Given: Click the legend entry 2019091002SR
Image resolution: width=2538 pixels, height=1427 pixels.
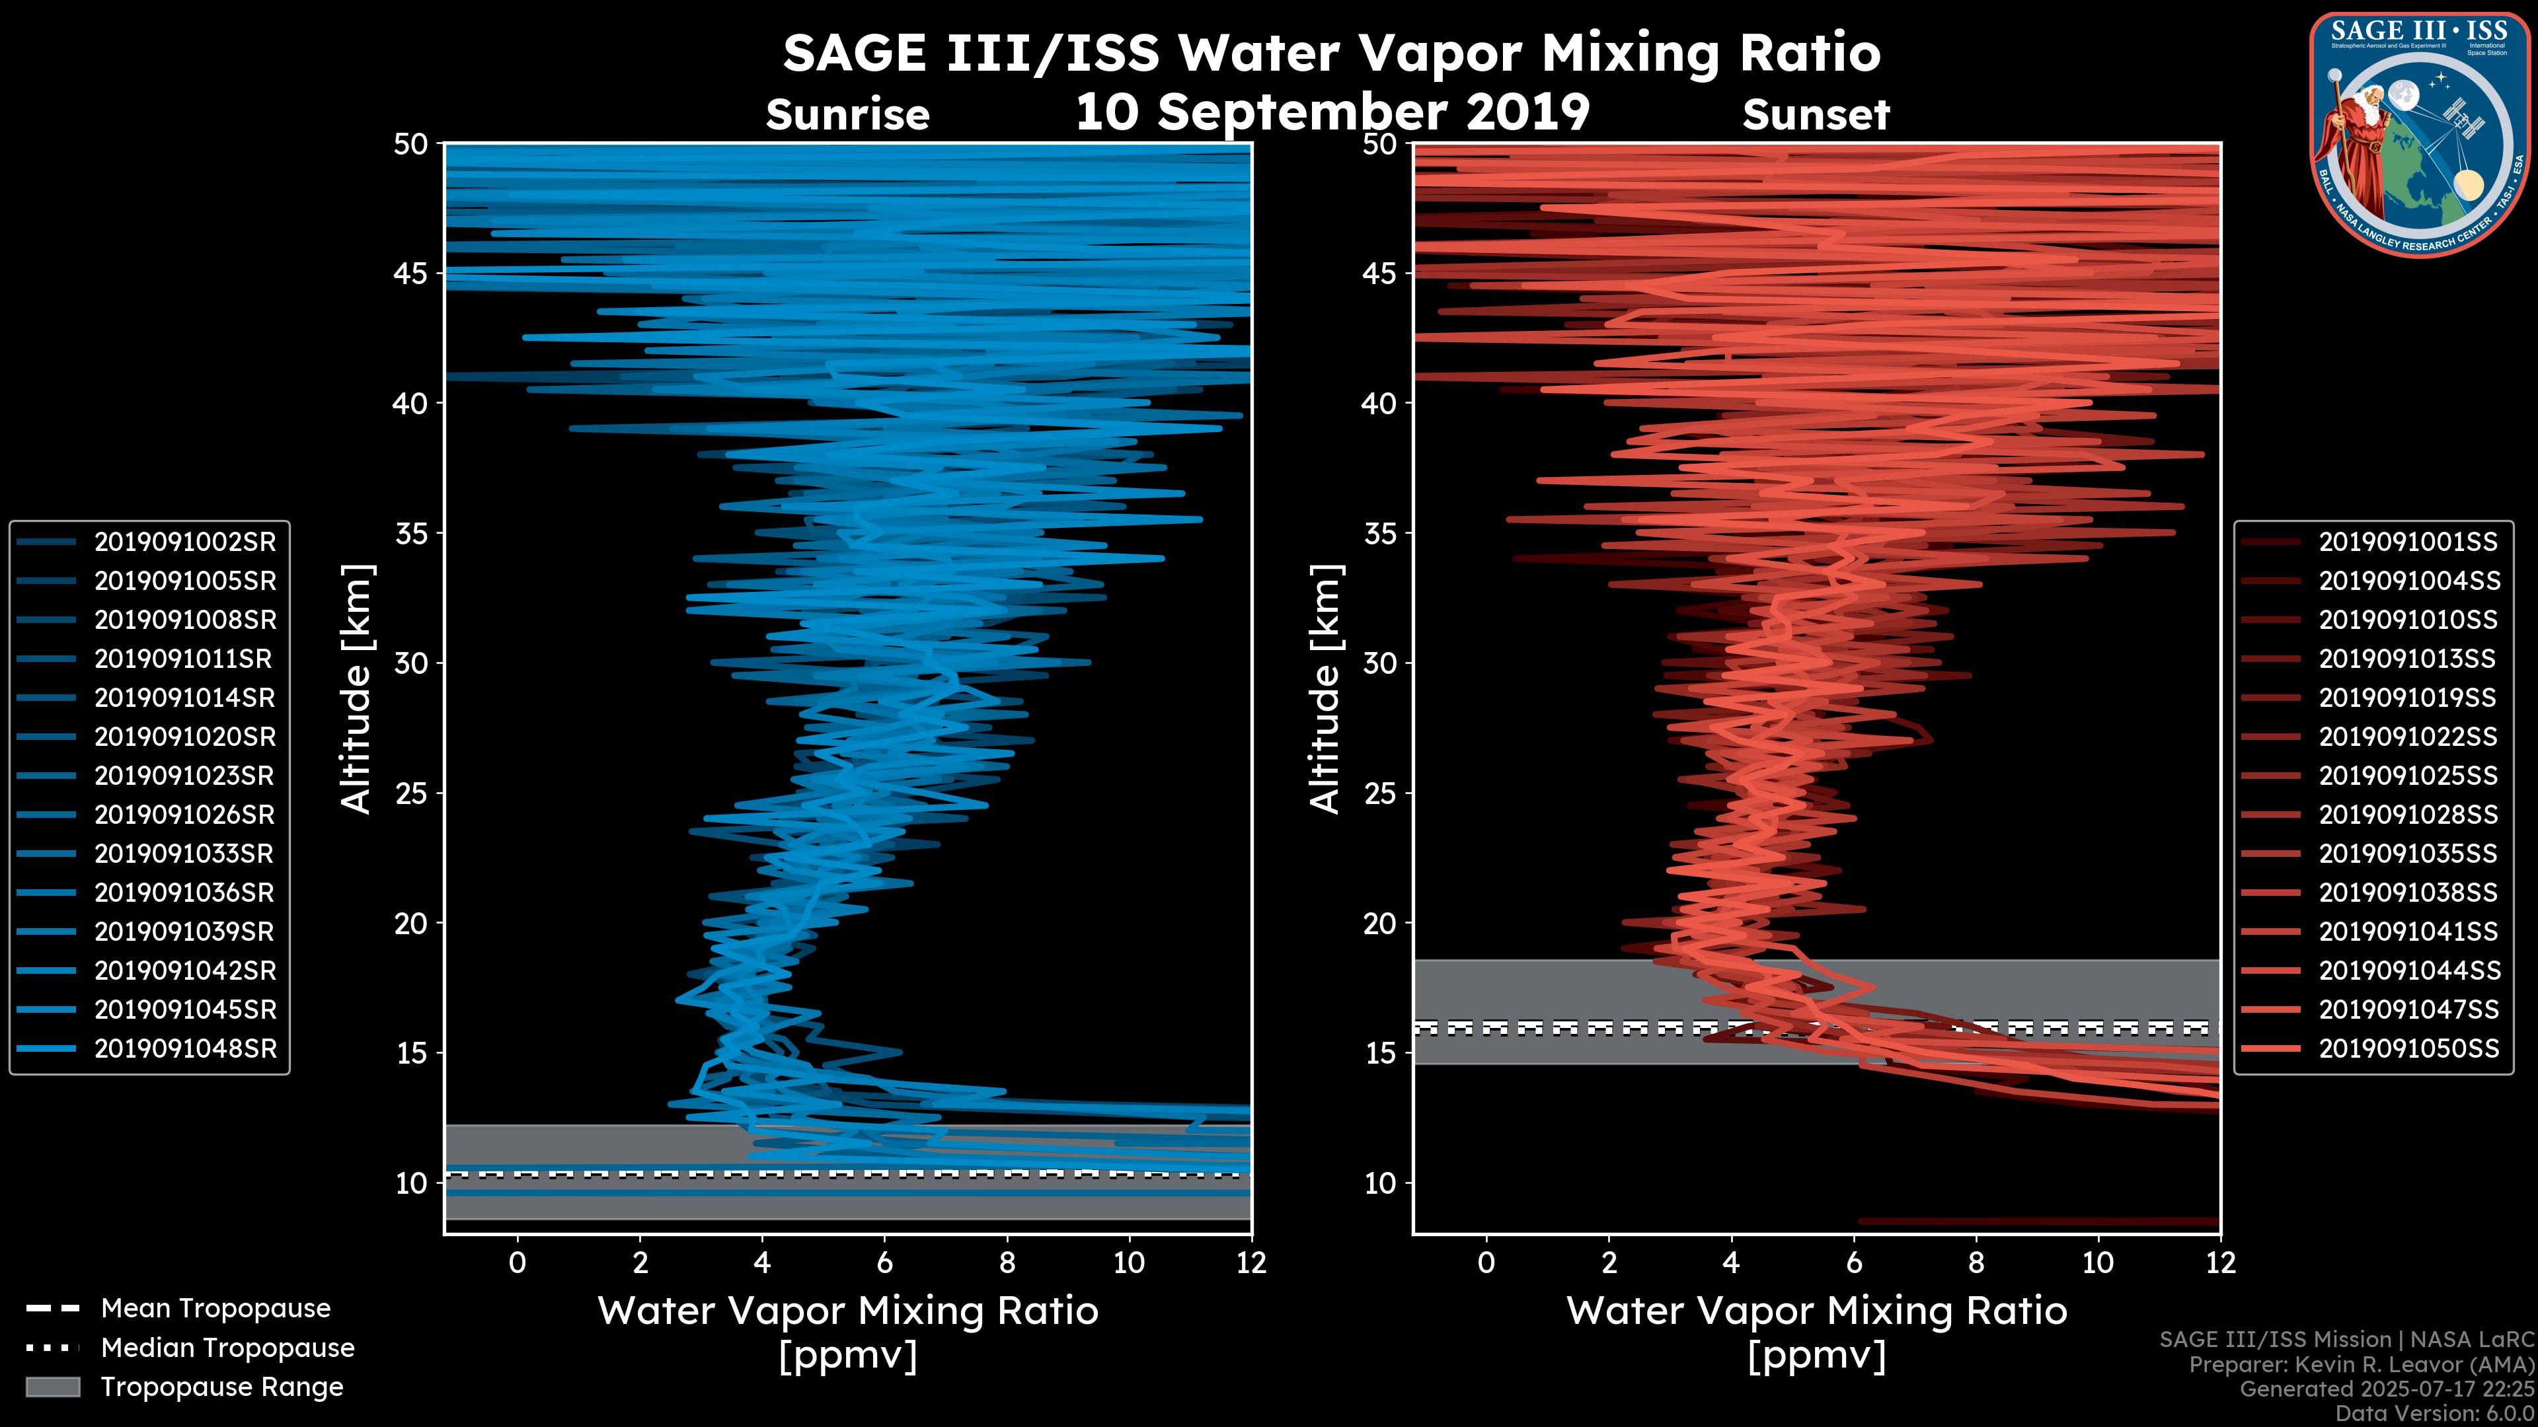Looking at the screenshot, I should (x=185, y=542).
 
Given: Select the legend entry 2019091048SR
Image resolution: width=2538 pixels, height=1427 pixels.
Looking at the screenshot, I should (x=185, y=1049).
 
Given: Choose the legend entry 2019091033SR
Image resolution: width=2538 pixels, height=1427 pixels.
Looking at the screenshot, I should (x=184, y=854).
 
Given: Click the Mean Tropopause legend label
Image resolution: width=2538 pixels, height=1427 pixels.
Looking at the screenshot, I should (x=215, y=1308).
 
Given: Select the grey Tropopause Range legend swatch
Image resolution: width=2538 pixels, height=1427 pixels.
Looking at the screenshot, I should (x=53, y=1387).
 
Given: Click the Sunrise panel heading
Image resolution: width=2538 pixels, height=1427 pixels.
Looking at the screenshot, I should (x=847, y=115).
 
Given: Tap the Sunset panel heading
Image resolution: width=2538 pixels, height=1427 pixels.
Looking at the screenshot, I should (x=1816, y=115).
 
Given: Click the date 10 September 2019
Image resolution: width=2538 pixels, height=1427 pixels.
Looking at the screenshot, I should (x=1332, y=111).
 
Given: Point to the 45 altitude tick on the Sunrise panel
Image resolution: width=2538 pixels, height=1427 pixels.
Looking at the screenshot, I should (x=412, y=273).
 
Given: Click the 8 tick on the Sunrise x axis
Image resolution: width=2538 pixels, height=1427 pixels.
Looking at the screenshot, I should (x=1007, y=1262).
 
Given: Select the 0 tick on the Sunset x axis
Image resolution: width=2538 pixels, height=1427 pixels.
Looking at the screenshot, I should (x=1486, y=1262).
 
